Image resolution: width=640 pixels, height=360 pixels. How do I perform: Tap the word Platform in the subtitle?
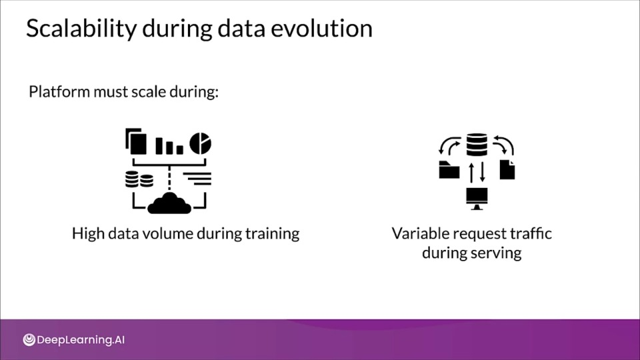(x=59, y=91)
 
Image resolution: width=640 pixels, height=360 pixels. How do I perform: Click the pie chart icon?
(x=201, y=143)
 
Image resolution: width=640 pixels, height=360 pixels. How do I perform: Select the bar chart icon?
(x=169, y=146)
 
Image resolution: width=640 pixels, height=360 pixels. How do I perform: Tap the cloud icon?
(x=169, y=203)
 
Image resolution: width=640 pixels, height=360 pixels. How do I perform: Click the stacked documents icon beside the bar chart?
(x=136, y=141)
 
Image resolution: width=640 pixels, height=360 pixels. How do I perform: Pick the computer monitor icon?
(x=477, y=199)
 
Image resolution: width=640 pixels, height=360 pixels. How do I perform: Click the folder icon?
(x=449, y=170)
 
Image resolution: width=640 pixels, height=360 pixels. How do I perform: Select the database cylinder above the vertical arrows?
(x=477, y=145)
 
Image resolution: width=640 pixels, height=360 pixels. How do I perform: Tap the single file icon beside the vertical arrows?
(x=507, y=169)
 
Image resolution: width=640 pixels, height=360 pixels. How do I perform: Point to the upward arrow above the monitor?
(x=471, y=172)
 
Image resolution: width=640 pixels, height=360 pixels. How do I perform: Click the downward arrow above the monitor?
(x=483, y=172)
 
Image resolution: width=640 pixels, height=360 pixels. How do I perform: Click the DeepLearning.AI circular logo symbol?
(x=29, y=339)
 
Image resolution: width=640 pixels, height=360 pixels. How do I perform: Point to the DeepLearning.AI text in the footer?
(x=81, y=340)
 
